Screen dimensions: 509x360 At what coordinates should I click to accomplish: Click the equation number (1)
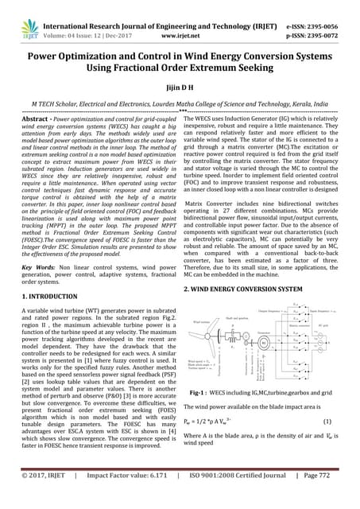pyautogui.click(x=327, y=420)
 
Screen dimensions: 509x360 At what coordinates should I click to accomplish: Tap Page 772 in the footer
pyautogui.click(x=323, y=496)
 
